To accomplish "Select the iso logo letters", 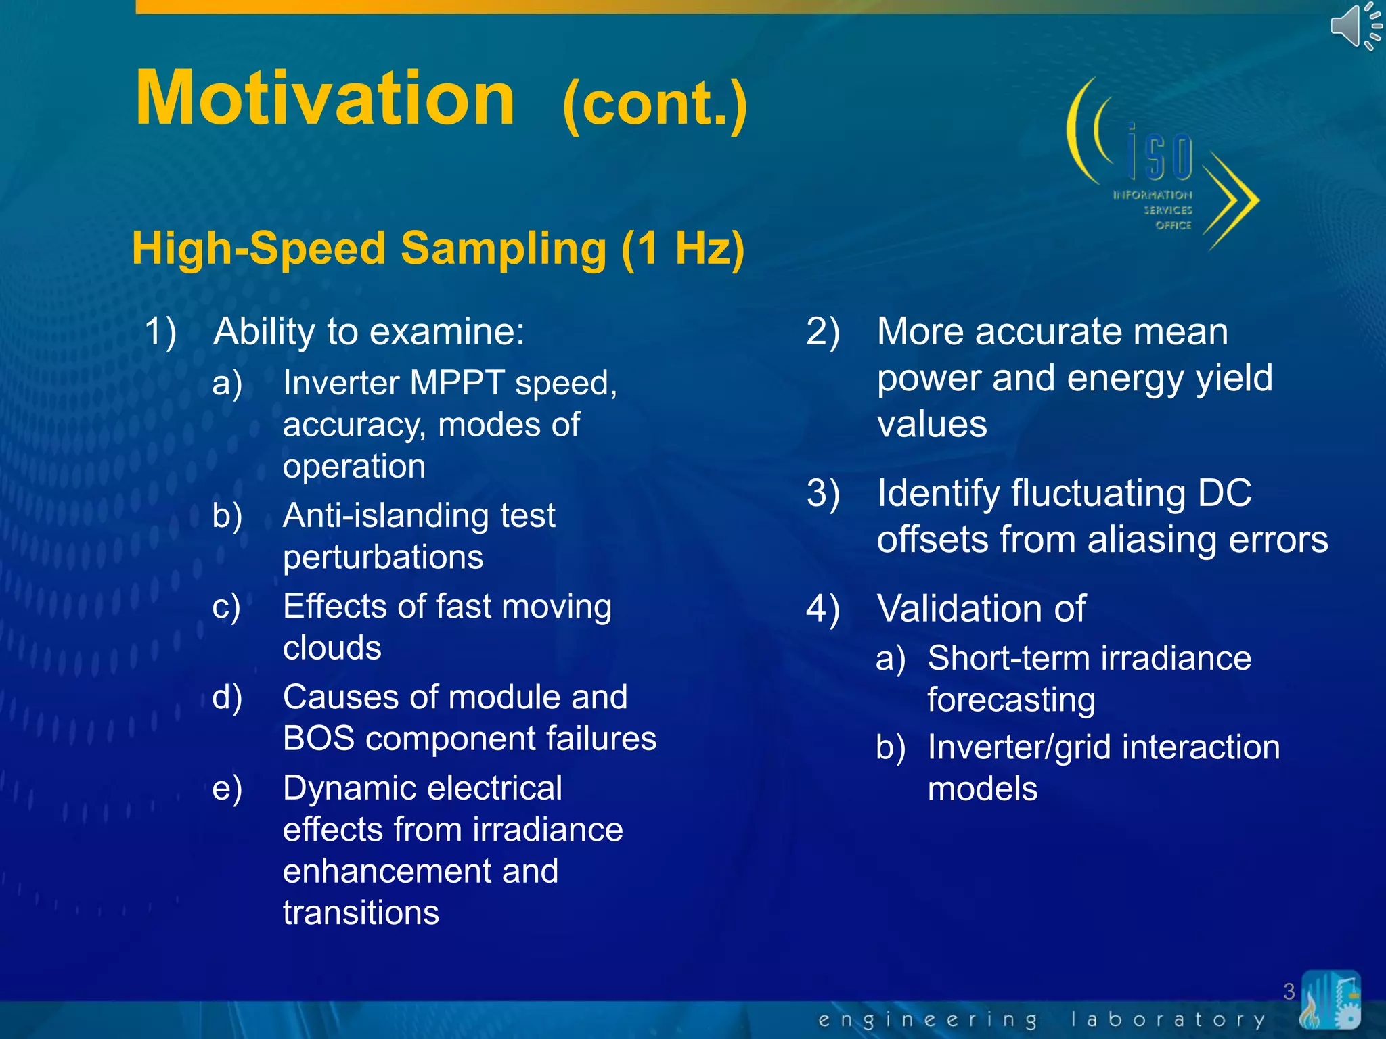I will (1160, 155).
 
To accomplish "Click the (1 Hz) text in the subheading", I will (684, 248).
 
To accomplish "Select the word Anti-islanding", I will (384, 515).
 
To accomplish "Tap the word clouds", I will (332, 648).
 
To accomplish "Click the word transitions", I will (361, 913).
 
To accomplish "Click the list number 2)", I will (822, 332).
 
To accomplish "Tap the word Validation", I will (981, 608).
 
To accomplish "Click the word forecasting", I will (1011, 700).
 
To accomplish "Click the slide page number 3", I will (1289, 992).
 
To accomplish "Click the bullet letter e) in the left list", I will (227, 789).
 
